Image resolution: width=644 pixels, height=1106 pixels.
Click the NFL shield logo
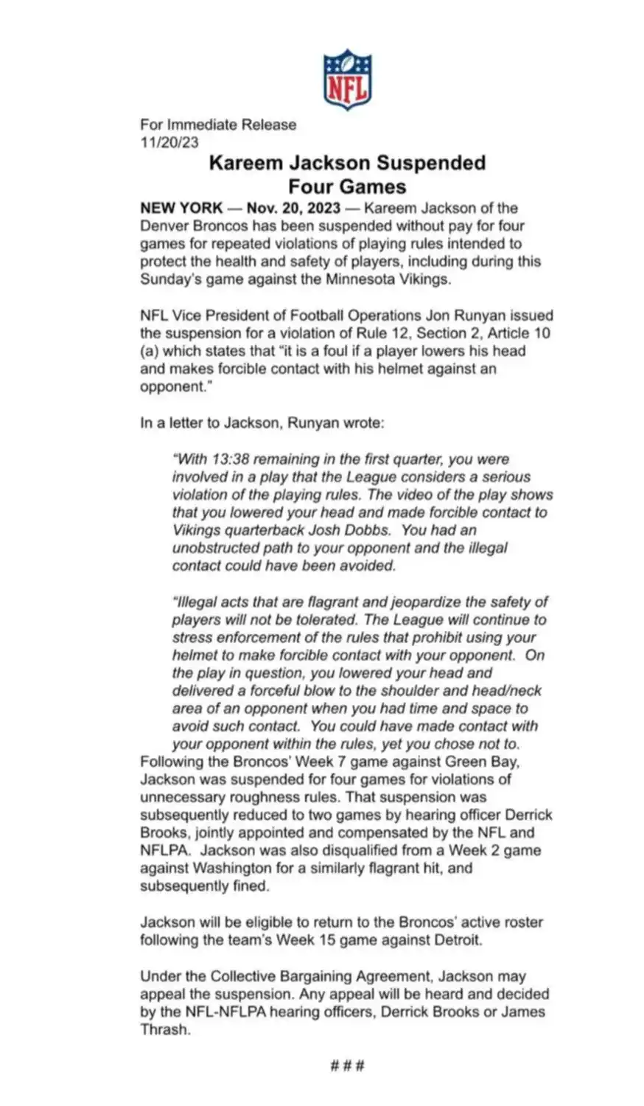tap(347, 80)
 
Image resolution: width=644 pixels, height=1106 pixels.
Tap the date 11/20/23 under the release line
tap(169, 143)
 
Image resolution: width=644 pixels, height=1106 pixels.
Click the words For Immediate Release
tap(218, 125)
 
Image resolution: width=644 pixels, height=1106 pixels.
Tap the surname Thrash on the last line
tap(164, 1029)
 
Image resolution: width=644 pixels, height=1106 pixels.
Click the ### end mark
tap(347, 1065)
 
